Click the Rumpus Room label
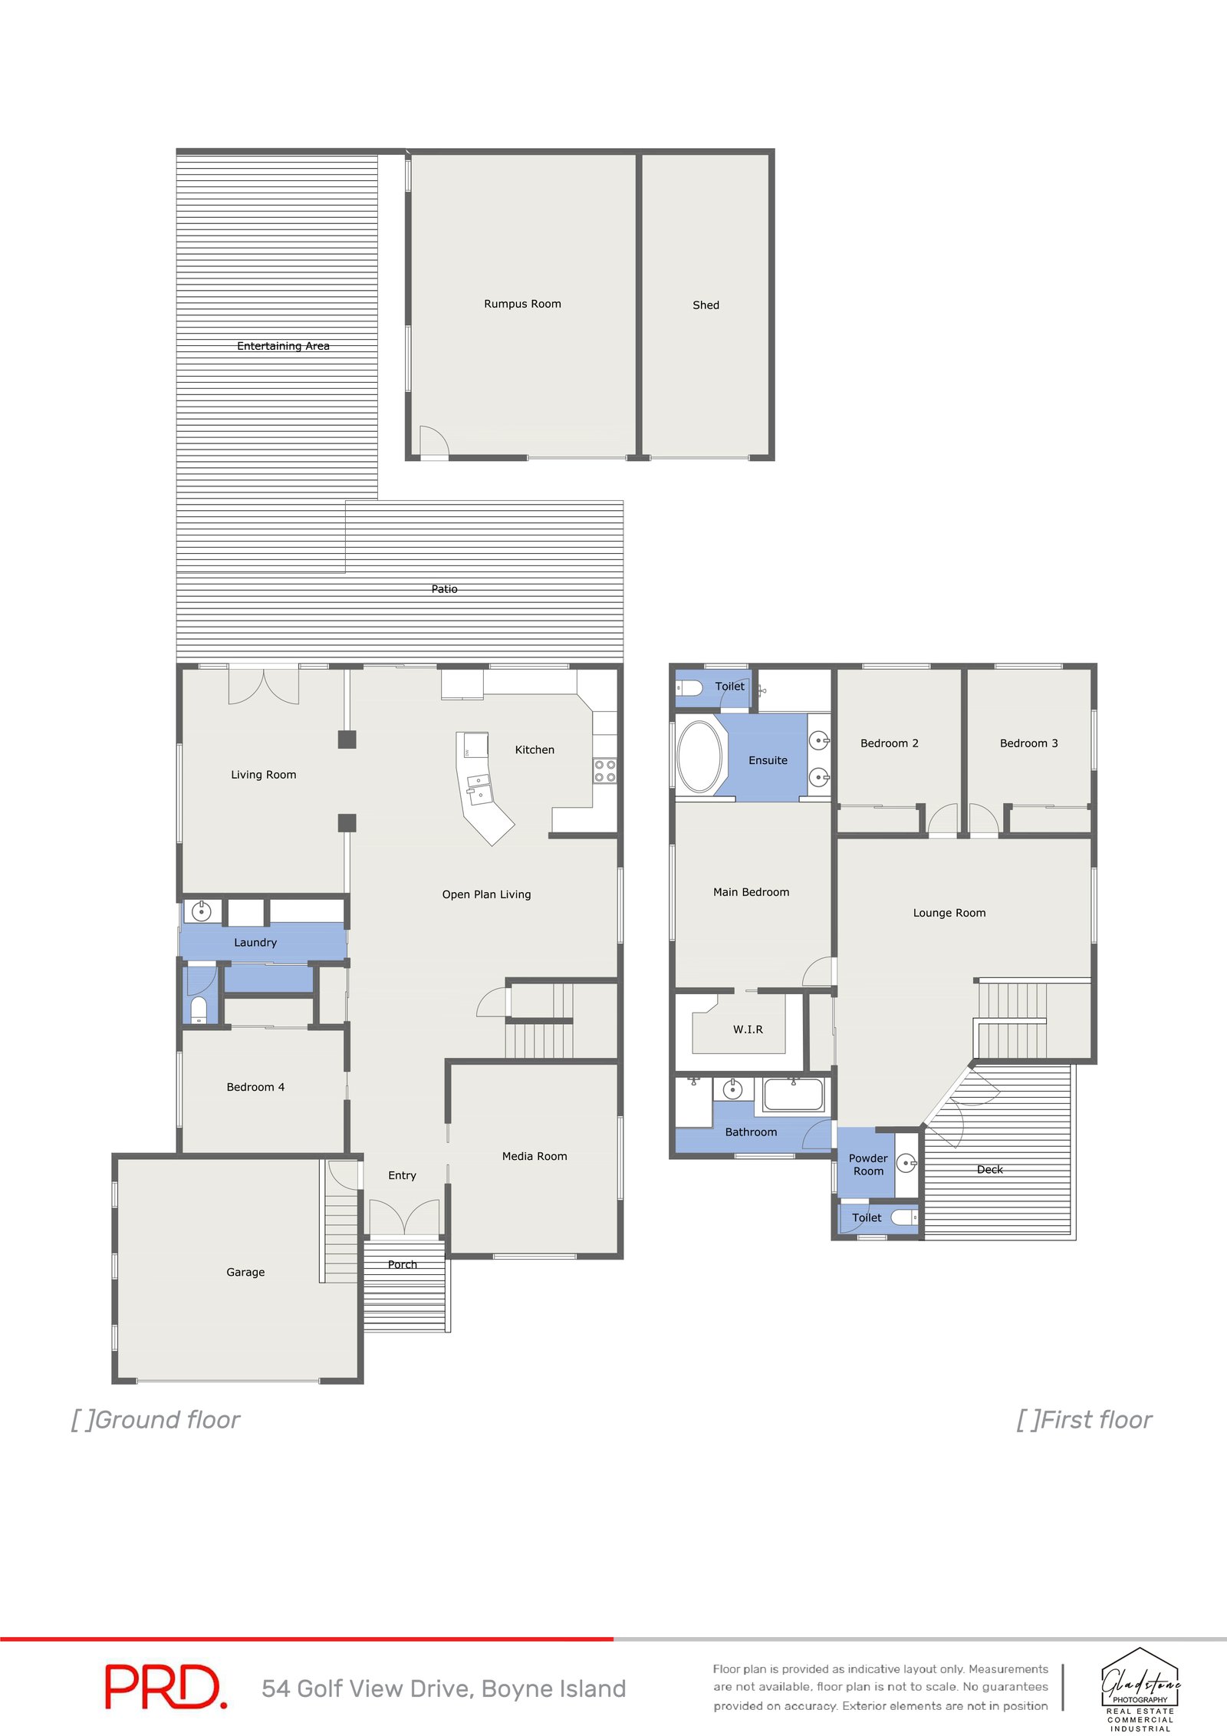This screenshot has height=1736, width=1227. coord(522,304)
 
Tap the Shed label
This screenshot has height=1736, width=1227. coord(706,305)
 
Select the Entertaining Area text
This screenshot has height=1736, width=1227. coord(283,346)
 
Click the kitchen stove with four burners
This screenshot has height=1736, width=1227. coord(604,771)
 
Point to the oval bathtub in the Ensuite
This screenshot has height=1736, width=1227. coord(699,756)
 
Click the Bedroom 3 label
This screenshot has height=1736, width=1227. coord(1028,743)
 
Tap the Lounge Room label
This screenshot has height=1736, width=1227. coord(949,913)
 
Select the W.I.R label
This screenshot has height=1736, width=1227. coord(748,1029)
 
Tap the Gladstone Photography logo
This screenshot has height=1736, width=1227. coord(1140,1688)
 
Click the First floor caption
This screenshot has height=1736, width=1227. coord(1084,1420)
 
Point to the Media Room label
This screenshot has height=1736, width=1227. coord(535,1156)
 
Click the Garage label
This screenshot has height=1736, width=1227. coord(245,1272)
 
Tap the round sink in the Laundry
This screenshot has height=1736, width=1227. coord(202,911)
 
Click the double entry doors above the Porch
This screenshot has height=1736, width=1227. coord(404,1217)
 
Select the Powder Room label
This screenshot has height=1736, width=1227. coord(868,1164)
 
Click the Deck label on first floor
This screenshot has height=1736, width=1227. coord(989,1170)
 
